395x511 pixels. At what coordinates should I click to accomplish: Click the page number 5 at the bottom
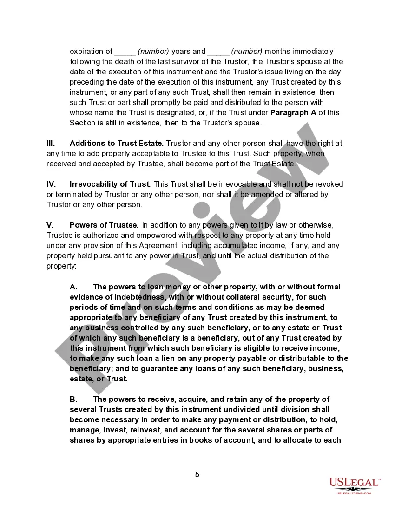[197, 474]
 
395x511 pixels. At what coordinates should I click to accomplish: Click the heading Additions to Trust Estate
[116, 144]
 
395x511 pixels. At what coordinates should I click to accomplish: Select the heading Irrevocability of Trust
[110, 184]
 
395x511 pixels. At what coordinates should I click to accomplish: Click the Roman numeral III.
[51, 144]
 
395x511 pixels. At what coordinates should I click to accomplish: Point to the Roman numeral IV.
[51, 184]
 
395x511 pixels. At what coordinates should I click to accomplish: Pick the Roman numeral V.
[49, 225]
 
